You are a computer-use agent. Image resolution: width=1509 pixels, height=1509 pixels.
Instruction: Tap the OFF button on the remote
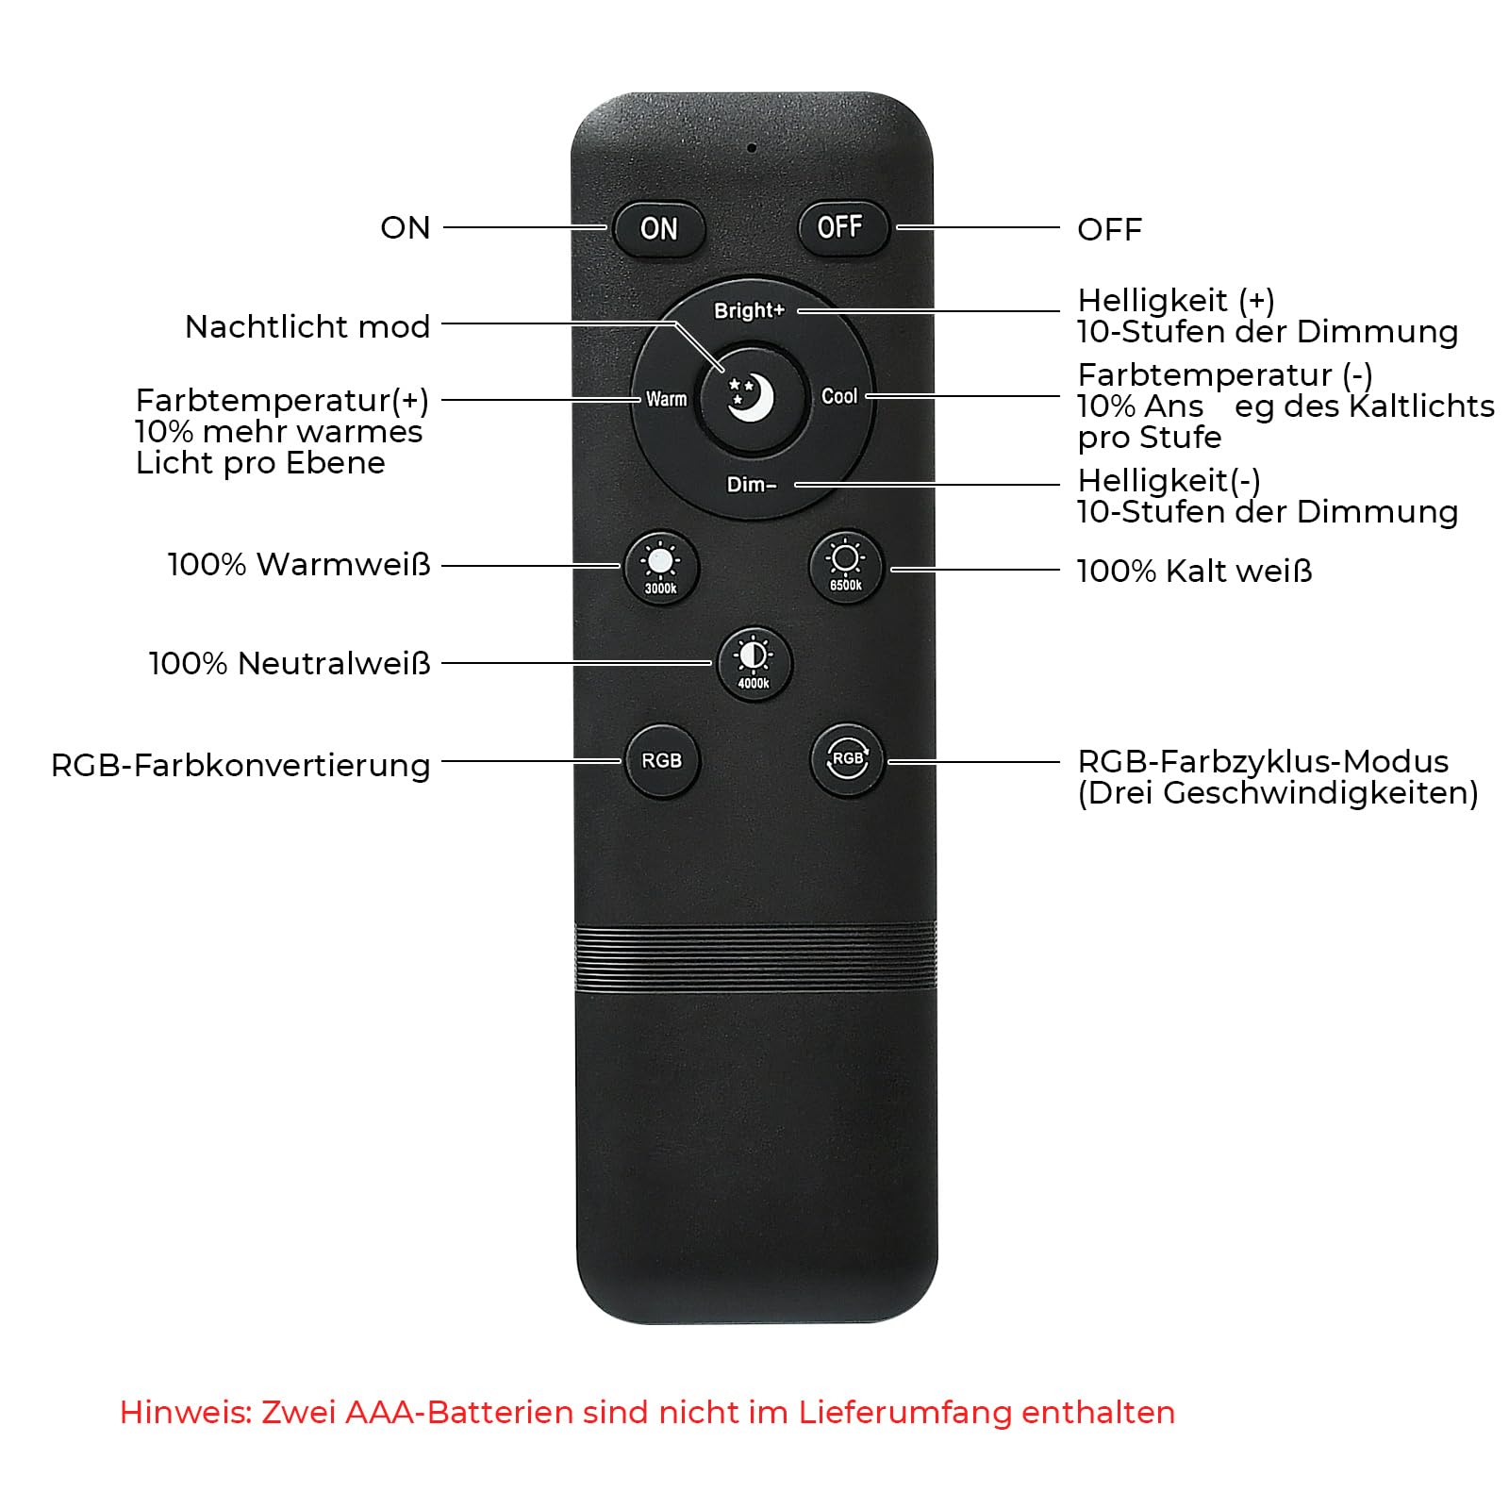[x=842, y=227]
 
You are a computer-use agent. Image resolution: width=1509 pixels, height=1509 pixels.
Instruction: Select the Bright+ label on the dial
[x=749, y=310]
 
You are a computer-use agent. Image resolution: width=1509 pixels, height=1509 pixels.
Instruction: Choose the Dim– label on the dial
[x=752, y=485]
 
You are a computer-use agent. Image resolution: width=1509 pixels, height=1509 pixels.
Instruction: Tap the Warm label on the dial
[x=666, y=399]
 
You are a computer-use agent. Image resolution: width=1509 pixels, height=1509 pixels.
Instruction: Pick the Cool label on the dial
[x=838, y=396]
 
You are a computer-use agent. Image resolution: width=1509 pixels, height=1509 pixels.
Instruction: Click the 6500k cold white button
[x=845, y=567]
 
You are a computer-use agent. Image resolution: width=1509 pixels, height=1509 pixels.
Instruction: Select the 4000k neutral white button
[x=754, y=662]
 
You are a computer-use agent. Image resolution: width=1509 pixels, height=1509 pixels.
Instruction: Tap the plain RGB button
[x=662, y=760]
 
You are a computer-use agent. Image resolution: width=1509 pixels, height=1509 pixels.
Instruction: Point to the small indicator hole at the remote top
[x=752, y=148]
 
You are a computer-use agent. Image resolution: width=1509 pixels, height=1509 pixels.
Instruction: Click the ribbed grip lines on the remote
[x=755, y=957]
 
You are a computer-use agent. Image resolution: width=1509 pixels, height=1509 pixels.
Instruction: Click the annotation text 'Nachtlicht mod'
[x=307, y=326]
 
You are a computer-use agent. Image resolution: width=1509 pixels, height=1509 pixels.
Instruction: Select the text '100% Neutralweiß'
[x=290, y=663]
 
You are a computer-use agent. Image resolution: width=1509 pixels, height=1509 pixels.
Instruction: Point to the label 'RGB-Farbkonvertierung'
[x=240, y=765]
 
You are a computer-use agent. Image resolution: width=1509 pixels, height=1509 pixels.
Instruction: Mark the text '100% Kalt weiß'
[x=1194, y=571]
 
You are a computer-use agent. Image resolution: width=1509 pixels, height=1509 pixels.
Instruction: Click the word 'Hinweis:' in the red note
[x=186, y=1412]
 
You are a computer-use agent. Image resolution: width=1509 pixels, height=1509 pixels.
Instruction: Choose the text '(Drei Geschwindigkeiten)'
[x=1278, y=792]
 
